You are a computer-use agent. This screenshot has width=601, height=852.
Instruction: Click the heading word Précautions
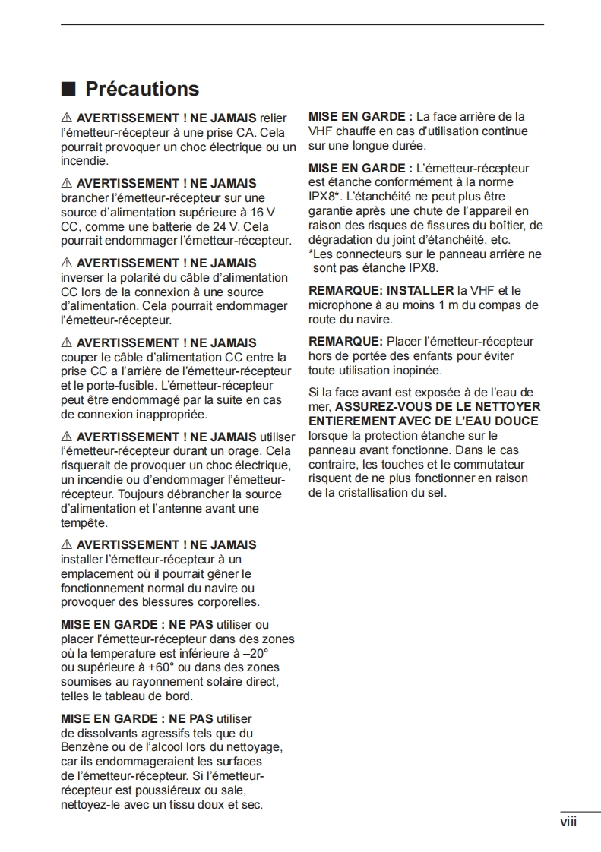(142, 90)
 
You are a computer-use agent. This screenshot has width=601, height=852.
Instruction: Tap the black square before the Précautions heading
(68, 90)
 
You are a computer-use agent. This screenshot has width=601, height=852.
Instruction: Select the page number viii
(568, 822)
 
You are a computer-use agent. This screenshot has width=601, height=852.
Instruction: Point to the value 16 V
(262, 213)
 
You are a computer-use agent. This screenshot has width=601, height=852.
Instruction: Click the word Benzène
(87, 747)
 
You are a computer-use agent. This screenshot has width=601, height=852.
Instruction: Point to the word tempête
(84, 523)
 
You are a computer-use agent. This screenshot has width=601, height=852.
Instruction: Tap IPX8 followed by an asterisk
(324, 197)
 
